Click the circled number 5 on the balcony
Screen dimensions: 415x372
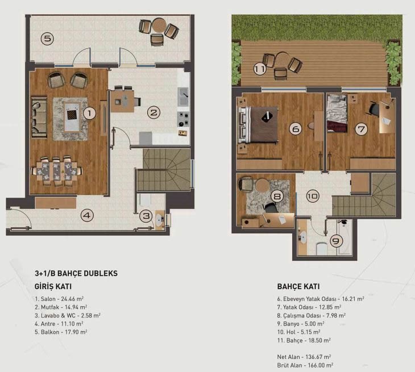[47, 39]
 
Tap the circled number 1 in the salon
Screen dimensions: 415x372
[90, 113]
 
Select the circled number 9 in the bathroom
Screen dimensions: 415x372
[336, 241]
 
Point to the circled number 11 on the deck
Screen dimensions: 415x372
[260, 69]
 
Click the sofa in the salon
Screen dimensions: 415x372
[39, 117]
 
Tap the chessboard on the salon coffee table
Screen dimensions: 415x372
[72, 115]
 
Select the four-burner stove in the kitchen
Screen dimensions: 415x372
[183, 119]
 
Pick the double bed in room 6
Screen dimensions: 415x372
[258, 124]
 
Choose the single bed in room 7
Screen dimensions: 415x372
[337, 113]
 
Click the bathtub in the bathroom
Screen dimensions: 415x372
[345, 237]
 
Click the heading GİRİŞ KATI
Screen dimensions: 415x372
[53, 286]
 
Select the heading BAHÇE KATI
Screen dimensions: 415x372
[298, 286]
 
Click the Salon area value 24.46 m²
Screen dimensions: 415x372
[72, 299]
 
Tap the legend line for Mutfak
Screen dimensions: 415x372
[61, 307]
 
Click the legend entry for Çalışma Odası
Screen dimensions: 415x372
[312, 315]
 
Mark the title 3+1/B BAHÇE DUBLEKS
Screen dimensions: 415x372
[76, 273]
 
